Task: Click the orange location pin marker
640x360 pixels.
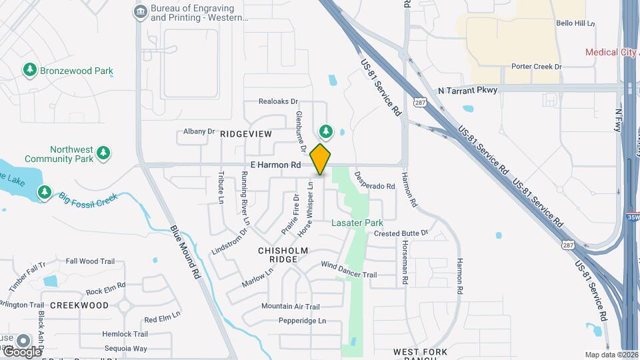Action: [x=321, y=159]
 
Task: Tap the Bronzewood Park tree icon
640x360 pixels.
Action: [x=29, y=69]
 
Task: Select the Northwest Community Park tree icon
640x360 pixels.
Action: [x=103, y=154]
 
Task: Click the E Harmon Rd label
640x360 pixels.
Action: [x=276, y=165]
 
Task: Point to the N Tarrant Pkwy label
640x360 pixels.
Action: [x=468, y=91]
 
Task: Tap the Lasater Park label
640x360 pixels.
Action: [x=357, y=223]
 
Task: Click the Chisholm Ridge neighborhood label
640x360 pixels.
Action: [x=283, y=251]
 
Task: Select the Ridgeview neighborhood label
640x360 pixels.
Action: [x=246, y=134]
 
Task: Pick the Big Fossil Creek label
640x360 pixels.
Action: [x=88, y=197]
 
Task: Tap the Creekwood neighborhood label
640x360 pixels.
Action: [x=79, y=305]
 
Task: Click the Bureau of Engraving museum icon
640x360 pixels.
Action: [x=141, y=11]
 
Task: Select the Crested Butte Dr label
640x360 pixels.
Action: [x=400, y=233]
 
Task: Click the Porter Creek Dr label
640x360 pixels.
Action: [x=537, y=67]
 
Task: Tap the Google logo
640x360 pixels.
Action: [x=22, y=351]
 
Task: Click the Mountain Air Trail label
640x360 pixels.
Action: [x=291, y=307]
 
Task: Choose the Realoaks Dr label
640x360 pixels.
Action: [x=278, y=101]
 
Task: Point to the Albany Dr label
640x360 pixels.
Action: [x=199, y=132]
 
